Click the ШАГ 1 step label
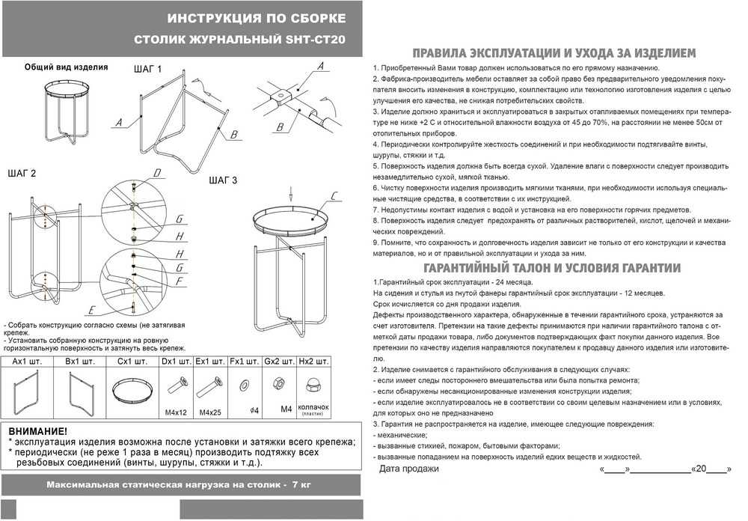click(148, 69)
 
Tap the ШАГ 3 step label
click(224, 180)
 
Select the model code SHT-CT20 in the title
click(317, 40)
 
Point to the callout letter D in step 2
click(157, 174)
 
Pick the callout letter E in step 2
click(91, 310)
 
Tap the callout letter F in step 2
click(180, 281)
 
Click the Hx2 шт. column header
click(314, 362)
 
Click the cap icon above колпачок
click(314, 386)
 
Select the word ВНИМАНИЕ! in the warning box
click(37, 431)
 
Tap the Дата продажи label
click(409, 469)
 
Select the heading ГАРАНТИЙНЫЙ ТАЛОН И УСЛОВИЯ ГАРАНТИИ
click(552, 268)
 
